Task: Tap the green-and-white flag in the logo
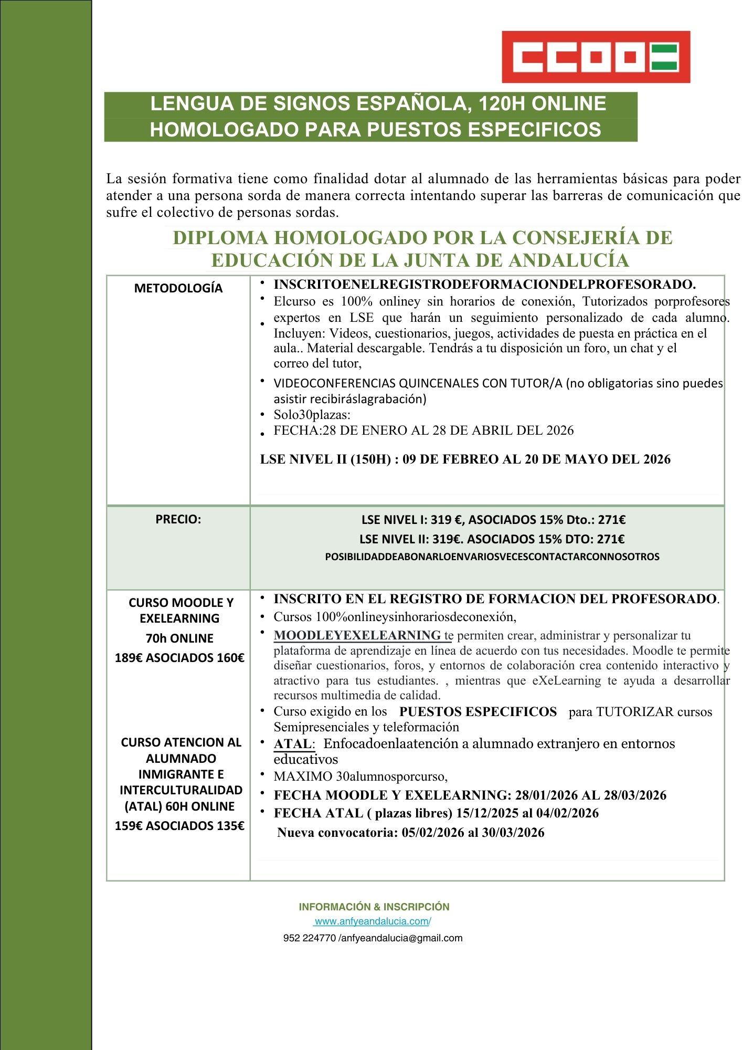coord(664,57)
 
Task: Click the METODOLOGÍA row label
coord(178,288)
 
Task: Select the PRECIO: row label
coord(178,519)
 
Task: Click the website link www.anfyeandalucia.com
coord(373,921)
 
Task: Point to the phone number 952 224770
coord(310,938)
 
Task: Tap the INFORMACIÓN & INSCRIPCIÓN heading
coord(374,907)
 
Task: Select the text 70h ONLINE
coord(179,638)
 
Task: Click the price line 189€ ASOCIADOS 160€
coord(179,658)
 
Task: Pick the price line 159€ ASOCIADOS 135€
coord(179,826)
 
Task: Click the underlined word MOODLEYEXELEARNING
coord(357,635)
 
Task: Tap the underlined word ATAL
coord(292,744)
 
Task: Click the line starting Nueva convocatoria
coord(410,833)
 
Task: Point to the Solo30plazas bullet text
coord(312,415)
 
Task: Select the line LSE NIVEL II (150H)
coord(465,459)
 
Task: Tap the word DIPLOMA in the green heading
coord(220,238)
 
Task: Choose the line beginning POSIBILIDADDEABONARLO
coord(492,556)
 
